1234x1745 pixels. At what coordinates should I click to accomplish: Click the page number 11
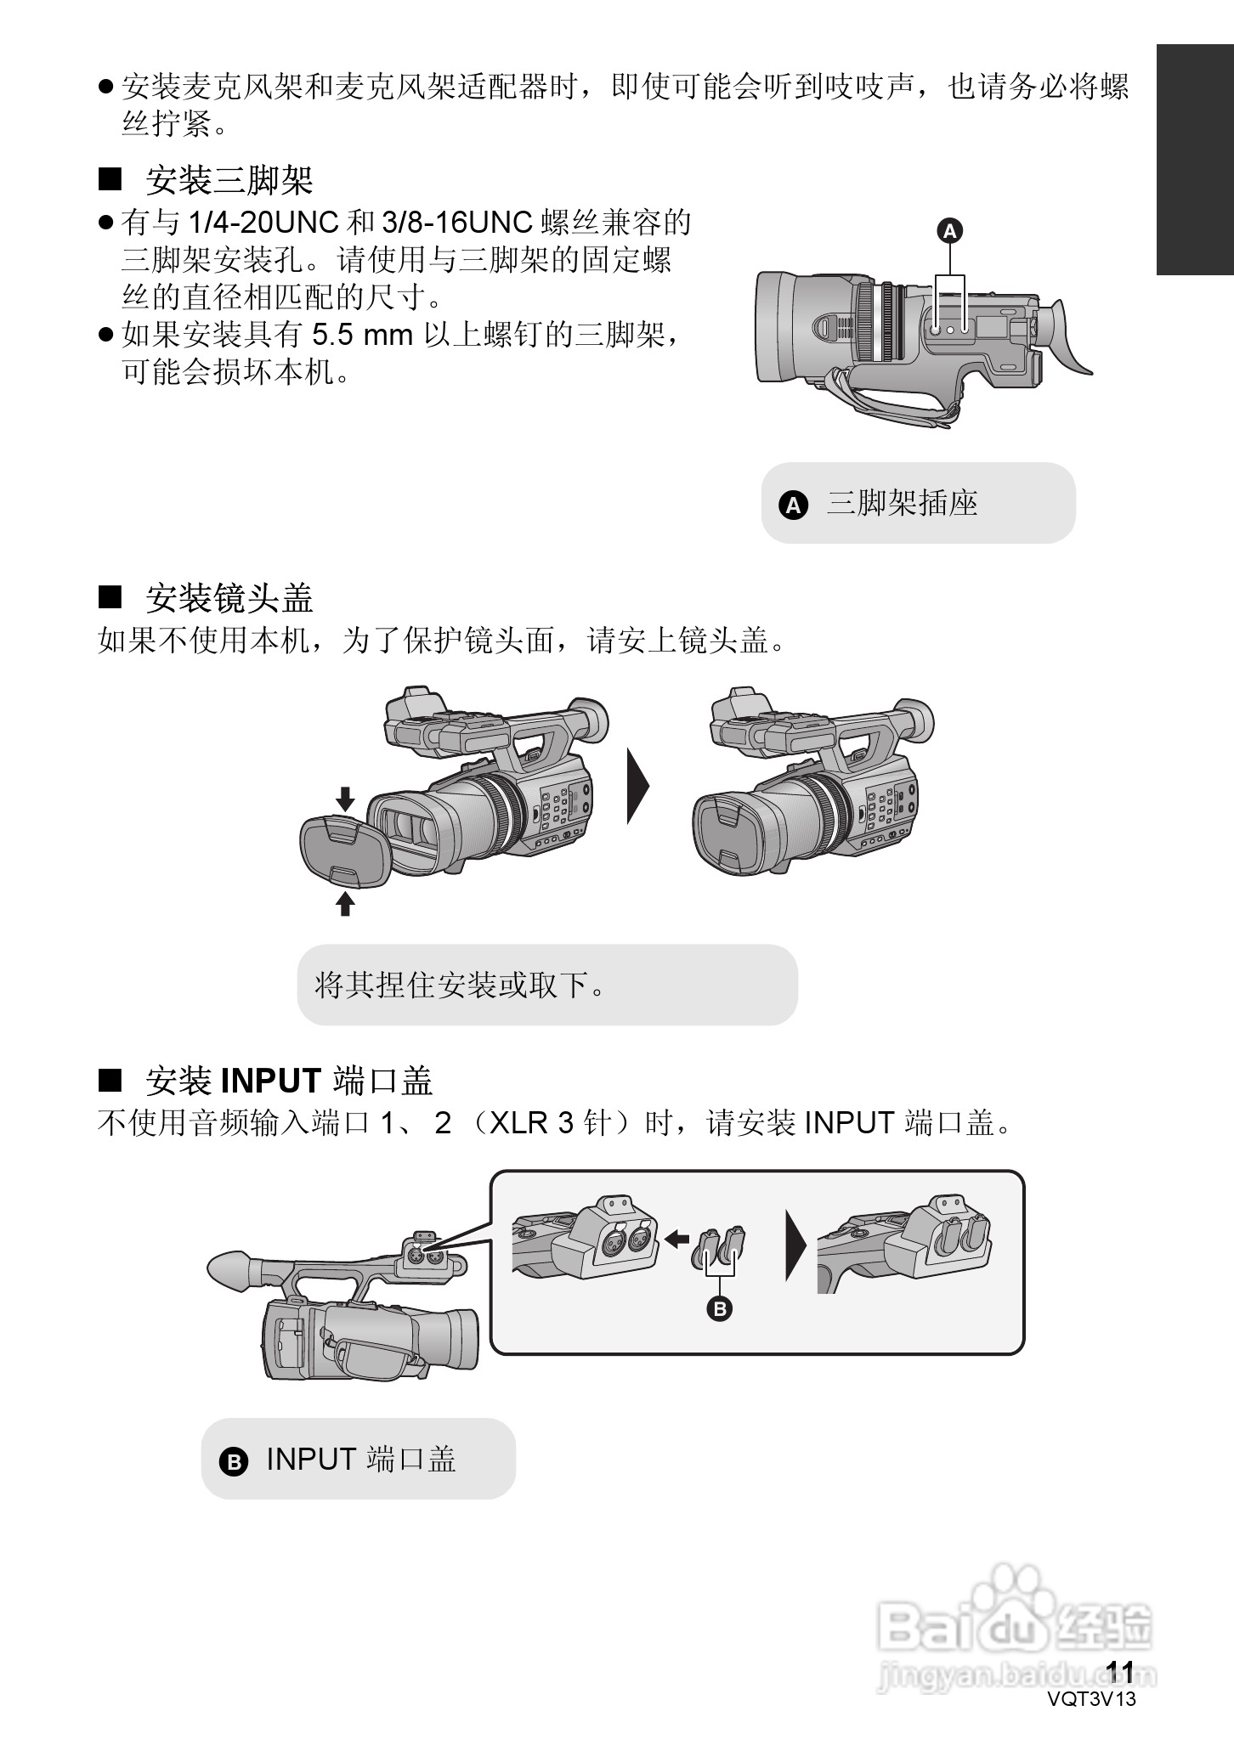coord(1121,1672)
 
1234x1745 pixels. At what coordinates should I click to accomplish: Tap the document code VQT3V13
coord(1091,1699)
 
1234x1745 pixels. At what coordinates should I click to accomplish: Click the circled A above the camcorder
coord(950,230)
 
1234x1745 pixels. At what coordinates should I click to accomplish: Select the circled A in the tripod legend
coord(793,505)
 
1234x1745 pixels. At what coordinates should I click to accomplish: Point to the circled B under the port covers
coord(720,1309)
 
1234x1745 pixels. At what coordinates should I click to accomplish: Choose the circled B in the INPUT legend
coord(233,1461)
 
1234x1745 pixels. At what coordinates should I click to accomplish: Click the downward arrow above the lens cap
coord(344,799)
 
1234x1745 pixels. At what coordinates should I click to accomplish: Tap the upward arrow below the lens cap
coord(344,903)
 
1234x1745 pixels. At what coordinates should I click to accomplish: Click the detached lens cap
coord(344,851)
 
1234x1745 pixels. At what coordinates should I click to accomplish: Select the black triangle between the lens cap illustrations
coord(637,786)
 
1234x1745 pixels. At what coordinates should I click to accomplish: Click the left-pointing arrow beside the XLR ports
coord(676,1240)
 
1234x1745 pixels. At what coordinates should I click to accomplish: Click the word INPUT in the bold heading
coord(271,1081)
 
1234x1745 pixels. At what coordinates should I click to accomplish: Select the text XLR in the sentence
coord(519,1123)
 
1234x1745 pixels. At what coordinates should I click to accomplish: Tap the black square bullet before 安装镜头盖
coord(110,597)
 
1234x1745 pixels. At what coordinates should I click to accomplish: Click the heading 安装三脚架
coord(229,180)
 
